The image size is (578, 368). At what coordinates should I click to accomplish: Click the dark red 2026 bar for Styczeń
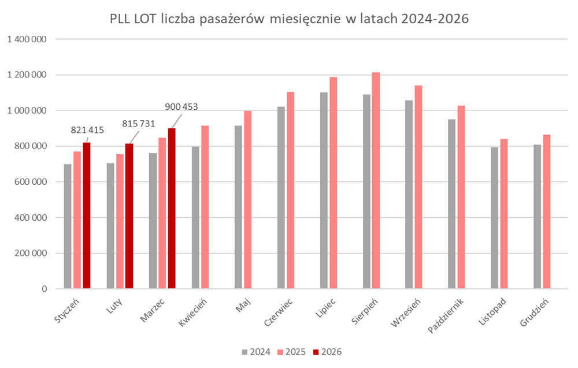[87, 215]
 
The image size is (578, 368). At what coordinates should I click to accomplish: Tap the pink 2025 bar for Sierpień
[376, 180]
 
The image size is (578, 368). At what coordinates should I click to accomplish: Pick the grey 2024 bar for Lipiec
[324, 190]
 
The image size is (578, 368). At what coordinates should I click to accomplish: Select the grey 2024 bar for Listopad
[494, 218]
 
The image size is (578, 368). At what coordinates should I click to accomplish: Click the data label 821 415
[87, 130]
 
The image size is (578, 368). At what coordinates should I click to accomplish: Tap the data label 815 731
[138, 123]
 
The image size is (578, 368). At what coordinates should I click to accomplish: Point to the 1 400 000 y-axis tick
[27, 39]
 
